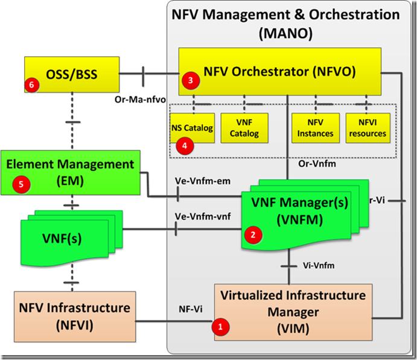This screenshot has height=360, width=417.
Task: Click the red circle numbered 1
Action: (x=221, y=327)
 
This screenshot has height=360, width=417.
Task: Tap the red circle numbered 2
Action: (x=252, y=234)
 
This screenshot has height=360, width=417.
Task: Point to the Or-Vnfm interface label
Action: (x=319, y=164)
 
